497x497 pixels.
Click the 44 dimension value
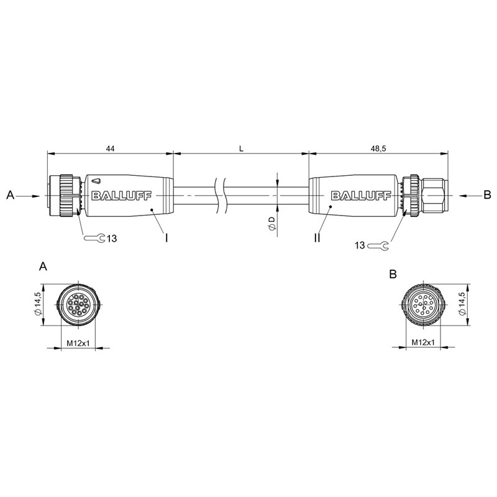click(111, 148)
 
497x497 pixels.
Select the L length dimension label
click(241, 148)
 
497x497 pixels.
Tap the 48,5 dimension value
click(379, 148)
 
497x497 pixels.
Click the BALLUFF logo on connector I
click(121, 196)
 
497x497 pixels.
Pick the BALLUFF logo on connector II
click(361, 196)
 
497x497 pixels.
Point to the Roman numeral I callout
click(166, 237)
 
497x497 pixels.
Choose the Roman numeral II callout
click(317, 237)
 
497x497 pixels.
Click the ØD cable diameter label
click(272, 223)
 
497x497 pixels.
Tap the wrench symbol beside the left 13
click(94, 238)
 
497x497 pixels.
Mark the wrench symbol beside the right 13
click(378, 245)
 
